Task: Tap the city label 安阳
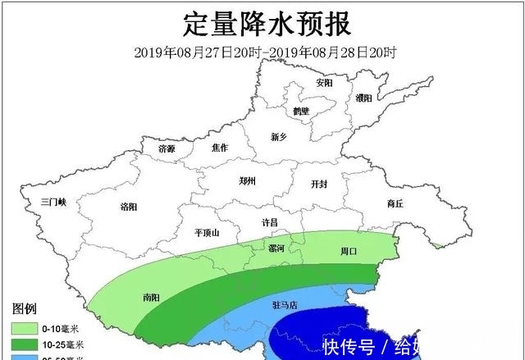click(x=325, y=83)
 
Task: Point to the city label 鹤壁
click(x=300, y=111)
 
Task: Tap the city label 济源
click(x=167, y=149)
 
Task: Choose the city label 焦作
click(x=219, y=148)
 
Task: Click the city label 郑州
click(x=247, y=180)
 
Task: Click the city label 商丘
click(x=395, y=204)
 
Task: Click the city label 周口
click(x=349, y=251)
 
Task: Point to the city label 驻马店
click(x=285, y=304)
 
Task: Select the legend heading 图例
click(x=23, y=309)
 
